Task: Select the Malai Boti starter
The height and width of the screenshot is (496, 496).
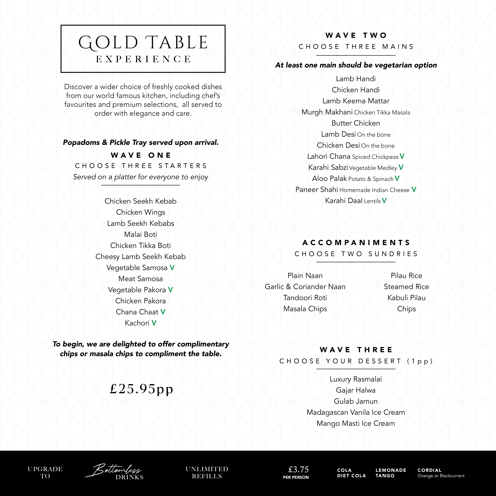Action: (x=140, y=234)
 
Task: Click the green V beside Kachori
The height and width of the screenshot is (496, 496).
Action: (x=154, y=323)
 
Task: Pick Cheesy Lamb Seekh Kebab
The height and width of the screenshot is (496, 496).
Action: (x=140, y=257)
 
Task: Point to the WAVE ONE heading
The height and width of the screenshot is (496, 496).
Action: (x=141, y=155)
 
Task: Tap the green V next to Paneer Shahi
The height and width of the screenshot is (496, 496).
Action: (x=414, y=189)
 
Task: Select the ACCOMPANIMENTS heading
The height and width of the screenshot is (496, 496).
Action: (x=356, y=243)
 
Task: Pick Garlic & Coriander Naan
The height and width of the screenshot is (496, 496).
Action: (x=305, y=286)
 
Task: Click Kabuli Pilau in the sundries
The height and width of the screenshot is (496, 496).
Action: (x=406, y=298)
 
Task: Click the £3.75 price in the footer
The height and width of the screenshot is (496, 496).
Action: (x=298, y=470)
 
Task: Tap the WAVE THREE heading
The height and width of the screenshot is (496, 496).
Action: (x=356, y=350)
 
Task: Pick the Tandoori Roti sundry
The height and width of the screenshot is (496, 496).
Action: (x=305, y=298)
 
